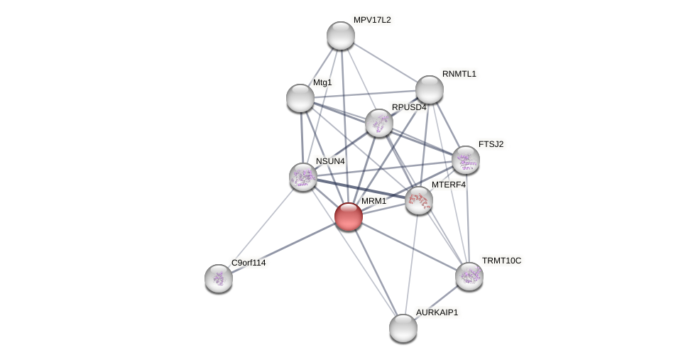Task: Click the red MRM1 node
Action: (349, 217)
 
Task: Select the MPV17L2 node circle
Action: (341, 36)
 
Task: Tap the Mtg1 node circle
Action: (300, 98)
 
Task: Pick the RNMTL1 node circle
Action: (430, 89)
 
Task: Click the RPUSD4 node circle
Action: (379, 123)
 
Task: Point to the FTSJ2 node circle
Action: (466, 160)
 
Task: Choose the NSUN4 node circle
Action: (303, 177)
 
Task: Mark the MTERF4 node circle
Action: (419, 200)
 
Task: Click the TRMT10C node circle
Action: (469, 276)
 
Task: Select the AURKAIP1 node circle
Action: (403, 328)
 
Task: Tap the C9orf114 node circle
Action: (219, 278)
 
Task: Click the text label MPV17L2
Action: (372, 20)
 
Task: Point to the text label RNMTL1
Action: (459, 74)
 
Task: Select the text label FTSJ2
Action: (491, 144)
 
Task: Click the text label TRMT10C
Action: (501, 261)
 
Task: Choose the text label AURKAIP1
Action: (437, 312)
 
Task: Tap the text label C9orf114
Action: (249, 263)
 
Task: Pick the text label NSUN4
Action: (330, 161)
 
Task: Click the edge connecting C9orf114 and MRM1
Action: (284, 247)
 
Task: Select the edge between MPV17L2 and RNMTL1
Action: (386, 62)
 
